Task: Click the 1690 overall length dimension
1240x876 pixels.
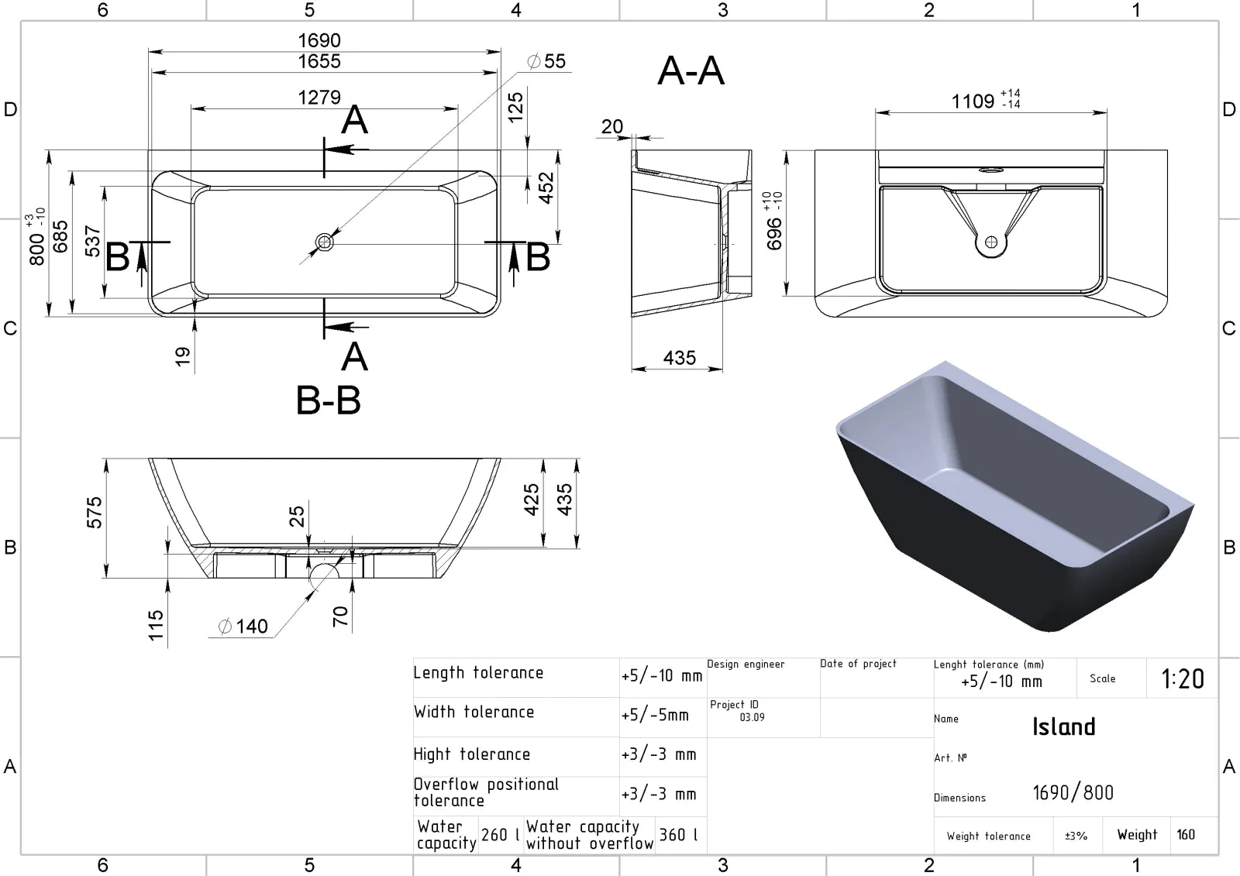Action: (319, 40)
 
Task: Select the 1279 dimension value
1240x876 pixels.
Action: (319, 98)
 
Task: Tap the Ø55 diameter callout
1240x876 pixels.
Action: (546, 61)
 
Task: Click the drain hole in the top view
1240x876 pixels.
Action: (325, 242)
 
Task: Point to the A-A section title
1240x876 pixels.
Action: (691, 70)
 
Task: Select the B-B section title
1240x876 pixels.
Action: (329, 400)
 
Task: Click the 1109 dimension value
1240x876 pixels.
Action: (973, 101)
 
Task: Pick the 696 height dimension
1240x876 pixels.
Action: (774, 234)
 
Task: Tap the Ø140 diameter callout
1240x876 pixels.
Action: (243, 627)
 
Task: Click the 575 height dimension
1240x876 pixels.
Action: (95, 513)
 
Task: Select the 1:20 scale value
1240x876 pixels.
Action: (1183, 679)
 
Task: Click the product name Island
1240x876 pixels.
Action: (1064, 727)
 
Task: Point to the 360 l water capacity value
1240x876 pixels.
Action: (678, 834)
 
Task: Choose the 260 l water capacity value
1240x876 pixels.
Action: (500, 834)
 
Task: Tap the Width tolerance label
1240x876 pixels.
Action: (474, 712)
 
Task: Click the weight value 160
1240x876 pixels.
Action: (1186, 834)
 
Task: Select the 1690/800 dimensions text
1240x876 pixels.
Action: (1073, 793)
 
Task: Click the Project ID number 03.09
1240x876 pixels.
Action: (753, 717)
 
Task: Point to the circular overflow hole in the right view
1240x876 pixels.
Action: (991, 242)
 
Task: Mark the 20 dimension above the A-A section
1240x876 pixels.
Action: (612, 127)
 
